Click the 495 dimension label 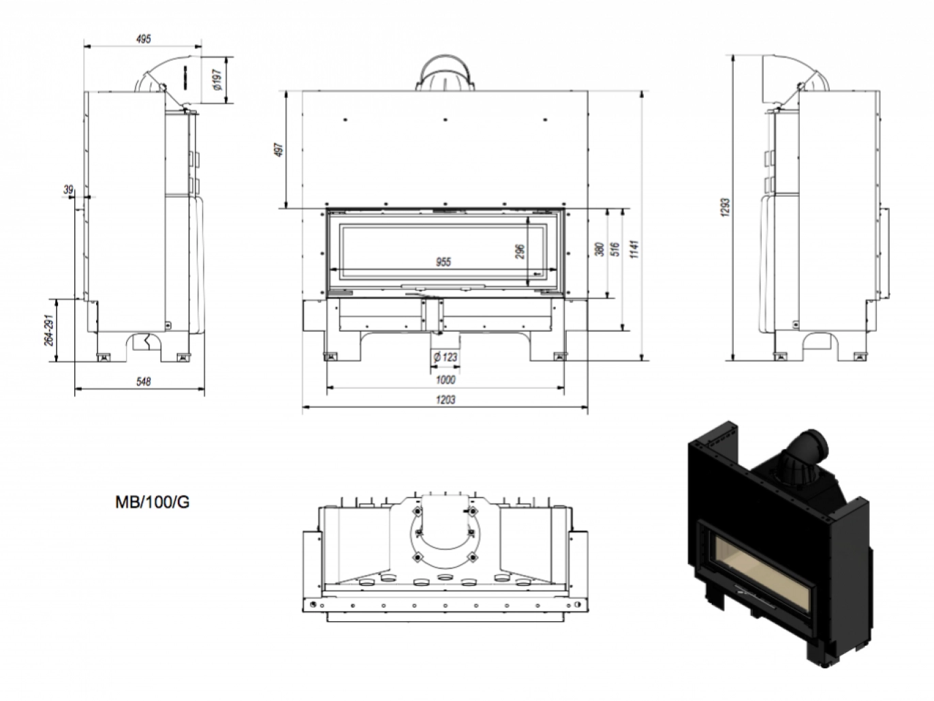click(x=143, y=39)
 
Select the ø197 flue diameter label click(x=216, y=80)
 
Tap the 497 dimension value click(x=278, y=151)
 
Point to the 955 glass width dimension click(x=443, y=262)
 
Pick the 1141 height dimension click(x=635, y=251)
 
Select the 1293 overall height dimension click(x=726, y=207)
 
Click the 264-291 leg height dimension click(x=49, y=330)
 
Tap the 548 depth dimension click(x=143, y=381)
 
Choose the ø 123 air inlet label click(x=444, y=356)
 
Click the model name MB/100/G click(x=152, y=503)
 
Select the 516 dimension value click(x=614, y=249)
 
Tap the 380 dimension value click(x=600, y=249)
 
